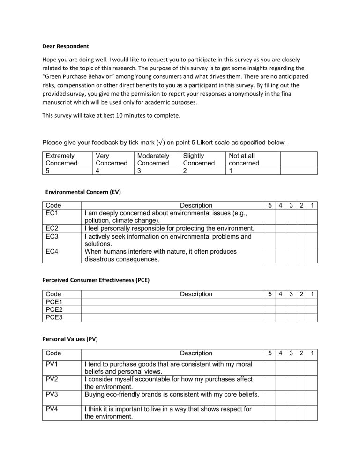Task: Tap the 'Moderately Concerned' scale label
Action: pos(152,158)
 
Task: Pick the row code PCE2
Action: pos(54,310)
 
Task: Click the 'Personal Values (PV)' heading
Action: pos(70,339)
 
